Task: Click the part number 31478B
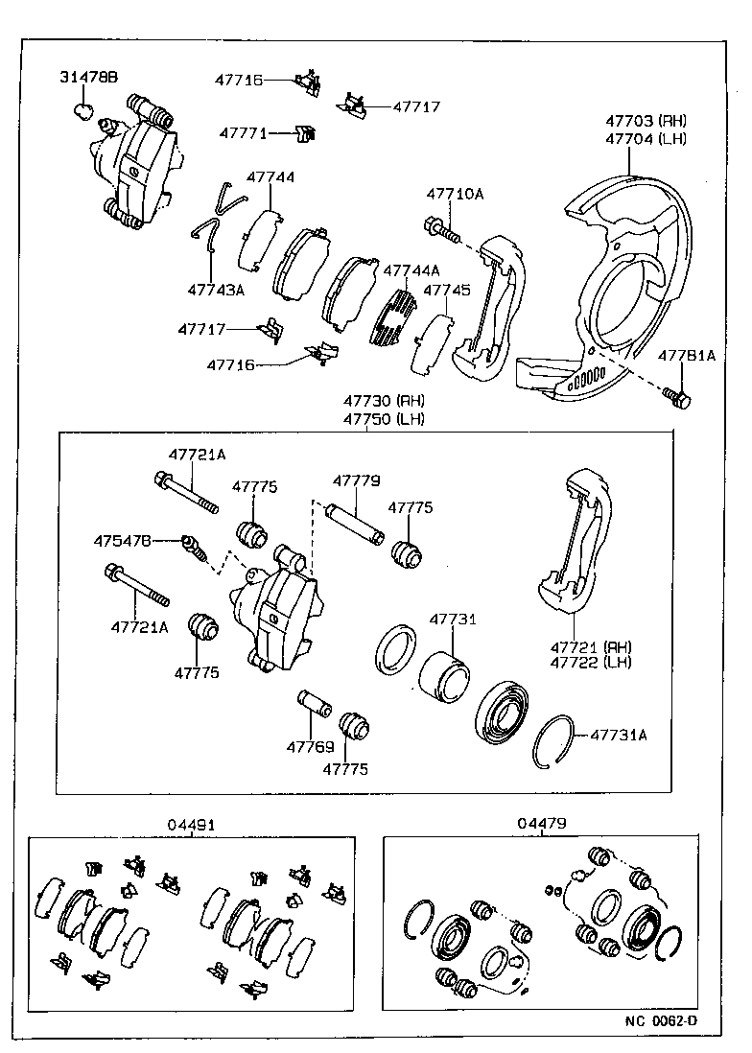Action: coord(88,78)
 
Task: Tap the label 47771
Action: coord(243,133)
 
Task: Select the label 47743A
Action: coord(216,290)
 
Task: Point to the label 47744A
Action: coord(411,270)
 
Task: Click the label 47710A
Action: coord(455,195)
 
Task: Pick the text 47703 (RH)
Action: coord(646,121)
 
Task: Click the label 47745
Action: coord(447,290)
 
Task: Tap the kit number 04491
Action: coord(191,824)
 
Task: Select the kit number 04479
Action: coord(542,823)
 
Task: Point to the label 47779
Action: coord(357,481)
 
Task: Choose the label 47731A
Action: coord(618,736)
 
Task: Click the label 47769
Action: coord(310,746)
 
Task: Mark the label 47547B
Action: coord(123,541)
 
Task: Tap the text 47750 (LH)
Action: coord(384,419)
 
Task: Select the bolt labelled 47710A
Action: coord(440,230)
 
